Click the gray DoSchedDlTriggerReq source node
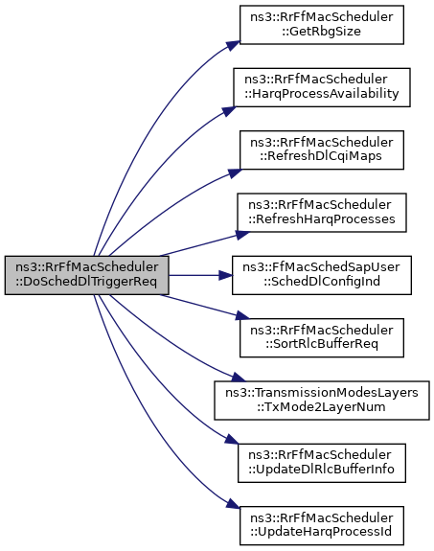87,275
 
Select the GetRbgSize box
322,25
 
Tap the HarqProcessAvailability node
322,87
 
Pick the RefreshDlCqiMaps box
322,150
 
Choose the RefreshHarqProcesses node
322,213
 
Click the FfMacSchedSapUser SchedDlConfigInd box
322,275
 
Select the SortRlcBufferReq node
322,338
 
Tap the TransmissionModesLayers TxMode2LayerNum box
322,401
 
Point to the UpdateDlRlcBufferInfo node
322,463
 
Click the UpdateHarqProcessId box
322,526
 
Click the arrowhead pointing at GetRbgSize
234,45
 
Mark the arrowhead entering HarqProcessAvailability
229,110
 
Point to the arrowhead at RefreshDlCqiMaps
235,172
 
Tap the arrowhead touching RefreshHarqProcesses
242,235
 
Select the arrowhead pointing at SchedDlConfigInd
225,275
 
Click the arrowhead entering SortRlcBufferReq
242,315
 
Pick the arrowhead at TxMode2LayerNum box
238,378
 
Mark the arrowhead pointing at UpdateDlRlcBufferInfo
232,439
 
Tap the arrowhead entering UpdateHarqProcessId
233,503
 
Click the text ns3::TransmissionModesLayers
322,393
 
